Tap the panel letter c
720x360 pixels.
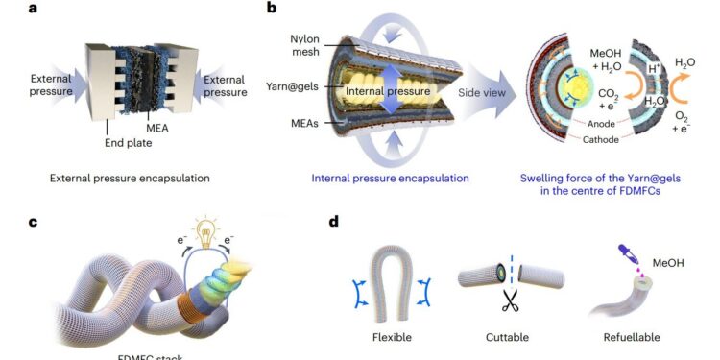tap(7, 223)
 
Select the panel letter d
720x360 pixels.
tap(333, 223)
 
